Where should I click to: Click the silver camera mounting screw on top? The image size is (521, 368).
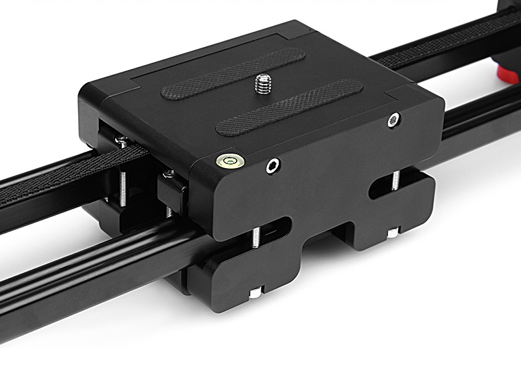(263, 83)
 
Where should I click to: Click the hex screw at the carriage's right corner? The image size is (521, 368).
(393, 120)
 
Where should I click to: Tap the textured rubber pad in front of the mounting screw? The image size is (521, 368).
(288, 107)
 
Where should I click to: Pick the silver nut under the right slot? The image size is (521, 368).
(393, 232)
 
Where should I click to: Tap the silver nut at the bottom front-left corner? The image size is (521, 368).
(256, 292)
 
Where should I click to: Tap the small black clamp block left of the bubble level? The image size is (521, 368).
(173, 193)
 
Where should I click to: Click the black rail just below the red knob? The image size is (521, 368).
(482, 117)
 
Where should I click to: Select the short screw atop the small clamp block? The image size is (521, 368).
(169, 174)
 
